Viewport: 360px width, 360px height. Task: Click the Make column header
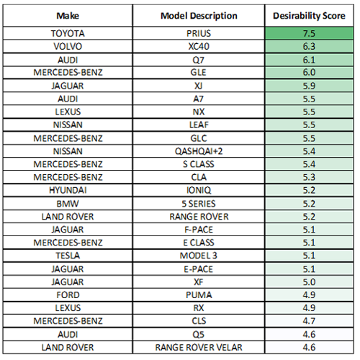coord(68,16)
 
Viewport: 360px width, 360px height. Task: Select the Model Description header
coord(199,16)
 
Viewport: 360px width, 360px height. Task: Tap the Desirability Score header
coord(309,16)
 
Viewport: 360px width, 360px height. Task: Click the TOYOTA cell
coord(68,33)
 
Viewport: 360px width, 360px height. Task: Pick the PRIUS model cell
coord(199,33)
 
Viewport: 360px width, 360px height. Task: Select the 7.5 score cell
coord(309,33)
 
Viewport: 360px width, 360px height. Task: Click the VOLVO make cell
coord(68,46)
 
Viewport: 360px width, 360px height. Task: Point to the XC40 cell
coord(199,46)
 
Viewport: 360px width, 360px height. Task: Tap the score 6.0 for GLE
coord(309,73)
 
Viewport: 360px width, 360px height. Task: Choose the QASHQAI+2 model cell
coord(199,151)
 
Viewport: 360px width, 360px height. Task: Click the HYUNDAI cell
coord(68,190)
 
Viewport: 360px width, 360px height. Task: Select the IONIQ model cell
coord(199,190)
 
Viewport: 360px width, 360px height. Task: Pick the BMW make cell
coord(68,204)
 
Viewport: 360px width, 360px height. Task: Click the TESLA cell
coord(68,256)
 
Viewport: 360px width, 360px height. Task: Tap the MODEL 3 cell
coord(199,256)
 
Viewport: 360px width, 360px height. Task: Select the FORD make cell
coord(68,295)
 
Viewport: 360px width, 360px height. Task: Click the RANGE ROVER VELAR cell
coord(199,348)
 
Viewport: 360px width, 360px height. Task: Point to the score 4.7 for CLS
coord(309,321)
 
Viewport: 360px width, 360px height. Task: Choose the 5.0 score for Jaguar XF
coord(309,282)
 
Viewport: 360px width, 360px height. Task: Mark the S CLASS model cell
coord(199,164)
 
